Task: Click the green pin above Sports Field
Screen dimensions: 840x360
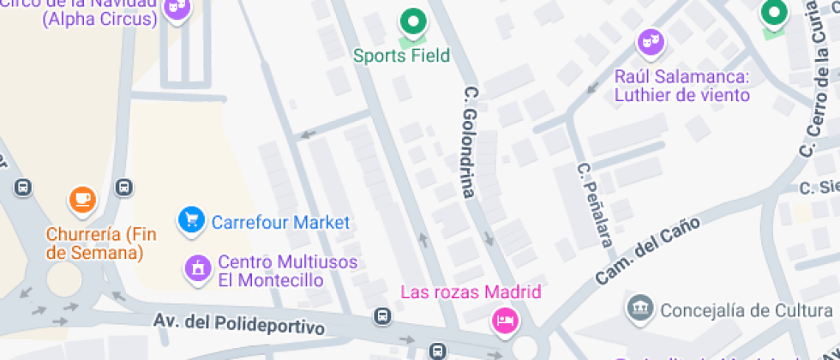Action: pyautogui.click(x=413, y=21)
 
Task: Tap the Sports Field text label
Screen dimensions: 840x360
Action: pyautogui.click(x=402, y=56)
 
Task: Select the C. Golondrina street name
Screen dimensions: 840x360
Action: pyautogui.click(x=469, y=141)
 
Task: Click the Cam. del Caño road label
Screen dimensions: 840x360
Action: pyautogui.click(x=647, y=251)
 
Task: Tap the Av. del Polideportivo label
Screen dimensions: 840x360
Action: pyautogui.click(x=241, y=323)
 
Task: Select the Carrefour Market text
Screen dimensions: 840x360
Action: pyautogui.click(x=280, y=223)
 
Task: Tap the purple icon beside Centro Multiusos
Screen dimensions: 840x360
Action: pyautogui.click(x=198, y=269)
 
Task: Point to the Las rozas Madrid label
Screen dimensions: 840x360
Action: pyautogui.click(x=471, y=292)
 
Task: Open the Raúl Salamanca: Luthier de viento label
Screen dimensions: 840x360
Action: pyautogui.click(x=682, y=86)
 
